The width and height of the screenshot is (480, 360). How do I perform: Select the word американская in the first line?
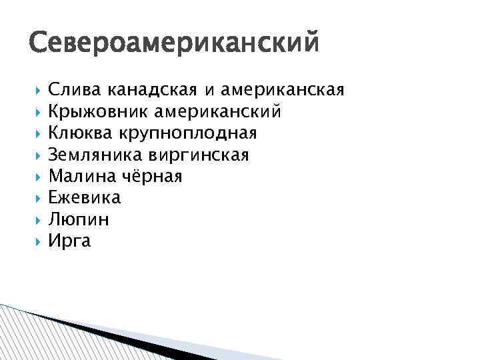point(283,90)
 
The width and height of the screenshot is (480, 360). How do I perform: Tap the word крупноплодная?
point(187,133)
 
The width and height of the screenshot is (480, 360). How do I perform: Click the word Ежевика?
point(85,198)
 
